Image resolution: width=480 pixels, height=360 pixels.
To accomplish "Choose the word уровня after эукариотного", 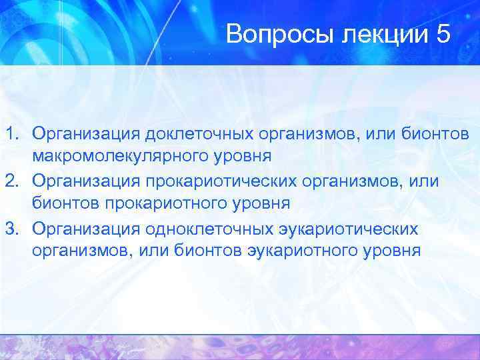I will pos(393,253).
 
